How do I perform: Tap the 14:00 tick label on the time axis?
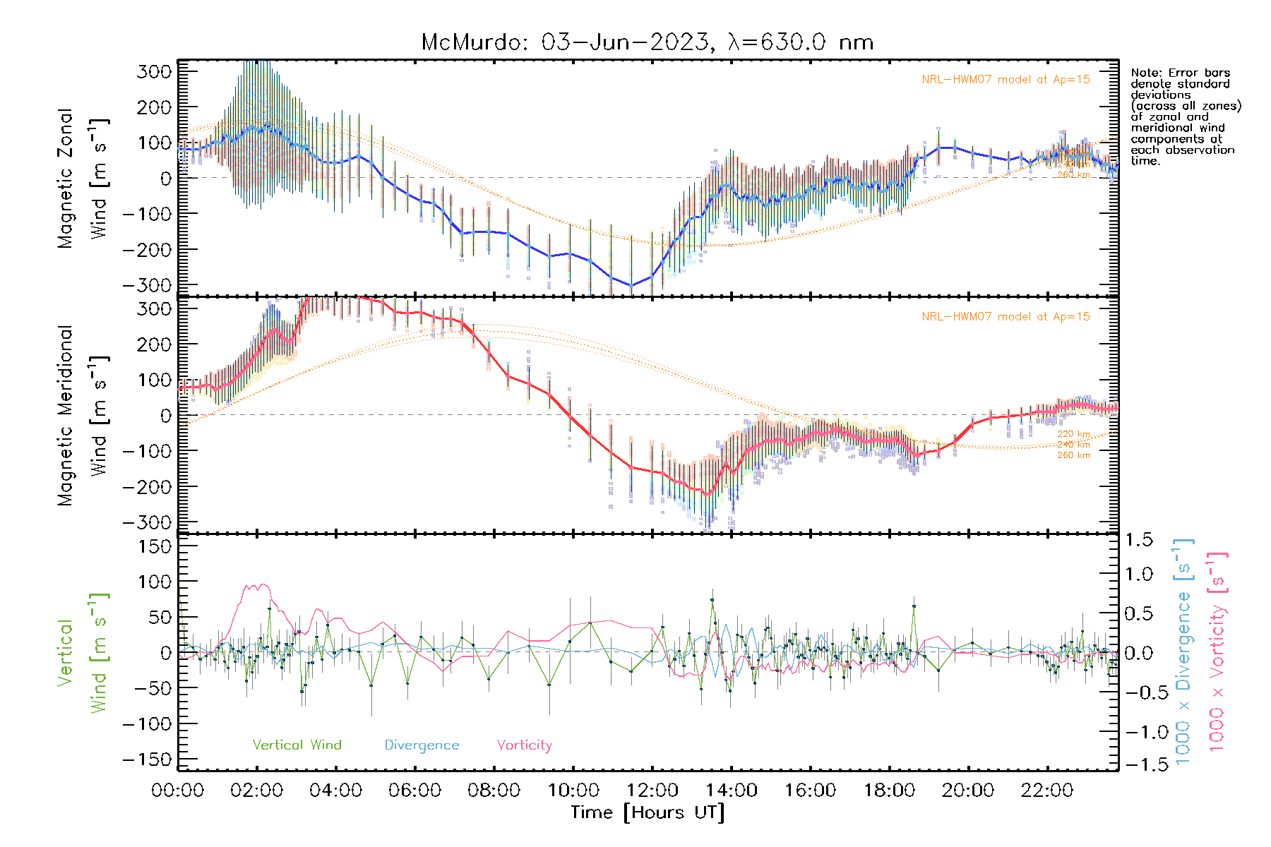tap(731, 791)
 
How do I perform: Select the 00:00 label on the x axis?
tap(178, 791)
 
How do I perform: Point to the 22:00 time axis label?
tap(1047, 791)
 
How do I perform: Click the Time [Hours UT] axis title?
tap(648, 812)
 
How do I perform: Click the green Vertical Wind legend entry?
tap(297, 745)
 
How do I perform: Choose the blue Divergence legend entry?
tap(422, 745)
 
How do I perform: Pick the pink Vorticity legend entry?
tap(524, 745)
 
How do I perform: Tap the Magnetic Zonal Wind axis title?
tap(82, 178)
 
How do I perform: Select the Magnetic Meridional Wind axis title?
tap(82, 415)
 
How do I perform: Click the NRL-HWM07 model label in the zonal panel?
tap(1006, 80)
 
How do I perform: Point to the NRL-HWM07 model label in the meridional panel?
tap(1006, 317)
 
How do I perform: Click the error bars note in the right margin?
tap(1185, 116)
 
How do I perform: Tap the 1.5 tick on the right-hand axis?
tap(1138, 541)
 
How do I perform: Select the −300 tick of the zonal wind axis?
tap(147, 285)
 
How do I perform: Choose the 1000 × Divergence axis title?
tap(1183, 652)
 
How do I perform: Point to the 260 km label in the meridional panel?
tap(1073, 455)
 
